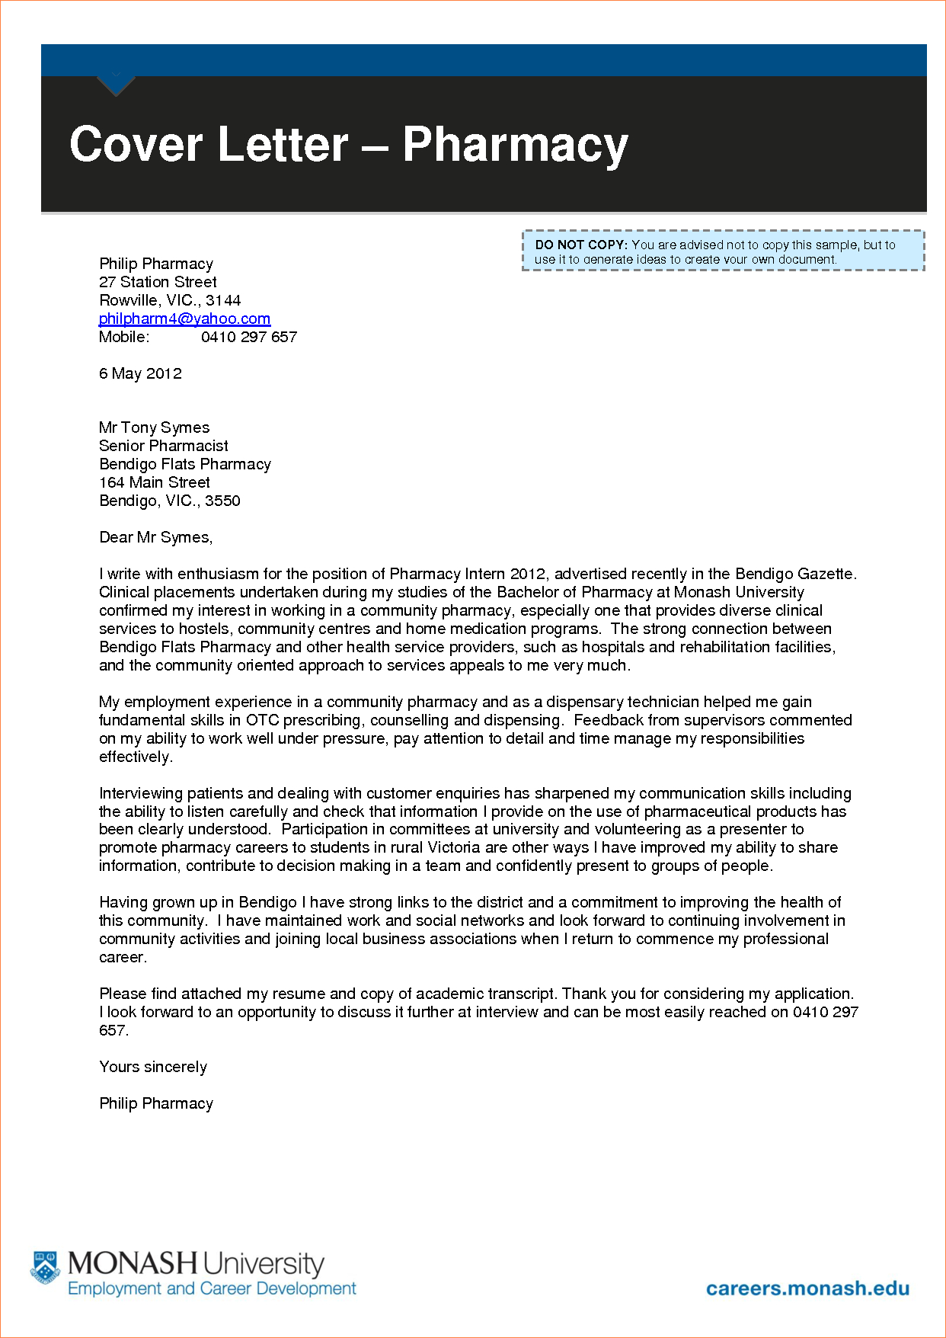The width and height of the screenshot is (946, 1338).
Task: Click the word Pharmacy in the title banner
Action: pos(515,145)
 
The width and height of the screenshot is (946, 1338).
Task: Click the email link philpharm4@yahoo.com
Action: pos(184,318)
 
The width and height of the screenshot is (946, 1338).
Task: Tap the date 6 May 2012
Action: pos(140,373)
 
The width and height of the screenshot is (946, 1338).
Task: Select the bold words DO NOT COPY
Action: pos(580,245)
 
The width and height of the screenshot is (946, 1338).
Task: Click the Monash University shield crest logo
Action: pos(45,1267)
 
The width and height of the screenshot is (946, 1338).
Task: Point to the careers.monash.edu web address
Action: pos(807,1288)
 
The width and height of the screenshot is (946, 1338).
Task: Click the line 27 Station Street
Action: pos(158,282)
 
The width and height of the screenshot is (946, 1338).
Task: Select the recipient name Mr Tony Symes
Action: pos(154,427)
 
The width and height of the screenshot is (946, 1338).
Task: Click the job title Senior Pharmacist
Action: pos(163,446)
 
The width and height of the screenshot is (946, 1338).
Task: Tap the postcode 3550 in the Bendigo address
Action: pos(222,501)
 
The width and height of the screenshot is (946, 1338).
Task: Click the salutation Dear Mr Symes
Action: pos(155,537)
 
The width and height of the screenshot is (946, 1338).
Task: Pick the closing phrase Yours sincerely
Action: pos(152,1067)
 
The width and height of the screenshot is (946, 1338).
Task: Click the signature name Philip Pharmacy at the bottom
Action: pos(155,1103)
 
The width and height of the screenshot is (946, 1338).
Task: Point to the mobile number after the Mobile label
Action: pos(248,337)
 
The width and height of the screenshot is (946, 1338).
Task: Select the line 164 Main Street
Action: pos(154,482)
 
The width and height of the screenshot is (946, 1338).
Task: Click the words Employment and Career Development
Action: pos(212,1288)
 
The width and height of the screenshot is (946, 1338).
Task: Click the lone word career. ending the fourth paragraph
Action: pos(123,957)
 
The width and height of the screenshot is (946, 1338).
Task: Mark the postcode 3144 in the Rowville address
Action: pos(223,300)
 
